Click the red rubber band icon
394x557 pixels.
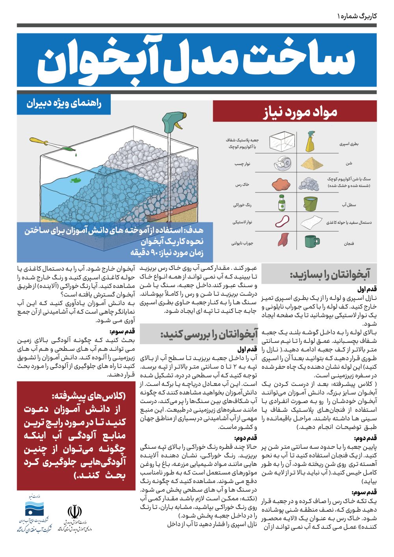pos(282,221)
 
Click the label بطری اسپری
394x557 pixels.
pos(349,144)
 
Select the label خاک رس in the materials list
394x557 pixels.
pos(242,185)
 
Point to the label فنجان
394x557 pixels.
pos(349,244)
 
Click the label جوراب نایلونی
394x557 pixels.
pos(242,243)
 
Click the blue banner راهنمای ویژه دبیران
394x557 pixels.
pos(64,104)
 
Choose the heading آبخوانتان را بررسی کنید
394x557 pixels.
pos(208,335)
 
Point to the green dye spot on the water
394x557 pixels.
pos(75,181)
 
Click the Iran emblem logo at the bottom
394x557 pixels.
pos(74,512)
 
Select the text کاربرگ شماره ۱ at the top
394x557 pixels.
pos(357,16)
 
